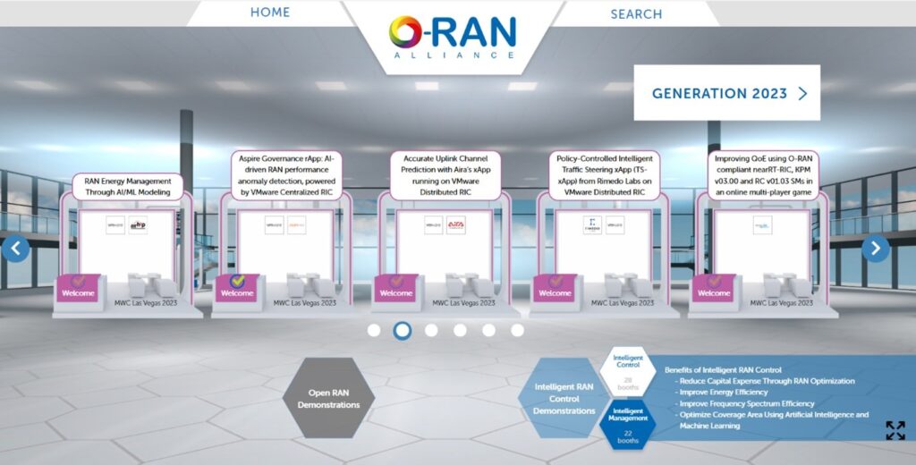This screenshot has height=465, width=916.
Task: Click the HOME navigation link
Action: tap(270, 13)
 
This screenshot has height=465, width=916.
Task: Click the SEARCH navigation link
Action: tap(636, 13)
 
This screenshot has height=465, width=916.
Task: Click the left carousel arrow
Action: tap(15, 249)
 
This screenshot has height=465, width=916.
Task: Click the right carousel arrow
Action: tap(876, 249)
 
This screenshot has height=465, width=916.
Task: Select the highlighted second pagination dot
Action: tap(403, 331)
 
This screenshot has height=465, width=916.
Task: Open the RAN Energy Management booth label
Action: tap(128, 186)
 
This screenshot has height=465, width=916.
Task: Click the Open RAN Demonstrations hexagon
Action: tap(328, 398)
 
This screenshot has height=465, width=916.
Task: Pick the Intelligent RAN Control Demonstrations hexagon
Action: tap(564, 398)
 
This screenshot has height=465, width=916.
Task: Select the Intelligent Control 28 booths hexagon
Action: tap(628, 371)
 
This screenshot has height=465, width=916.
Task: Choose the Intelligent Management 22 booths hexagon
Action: tap(628, 424)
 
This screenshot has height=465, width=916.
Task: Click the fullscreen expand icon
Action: tap(895, 430)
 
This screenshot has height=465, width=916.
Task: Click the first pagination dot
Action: tap(374, 331)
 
